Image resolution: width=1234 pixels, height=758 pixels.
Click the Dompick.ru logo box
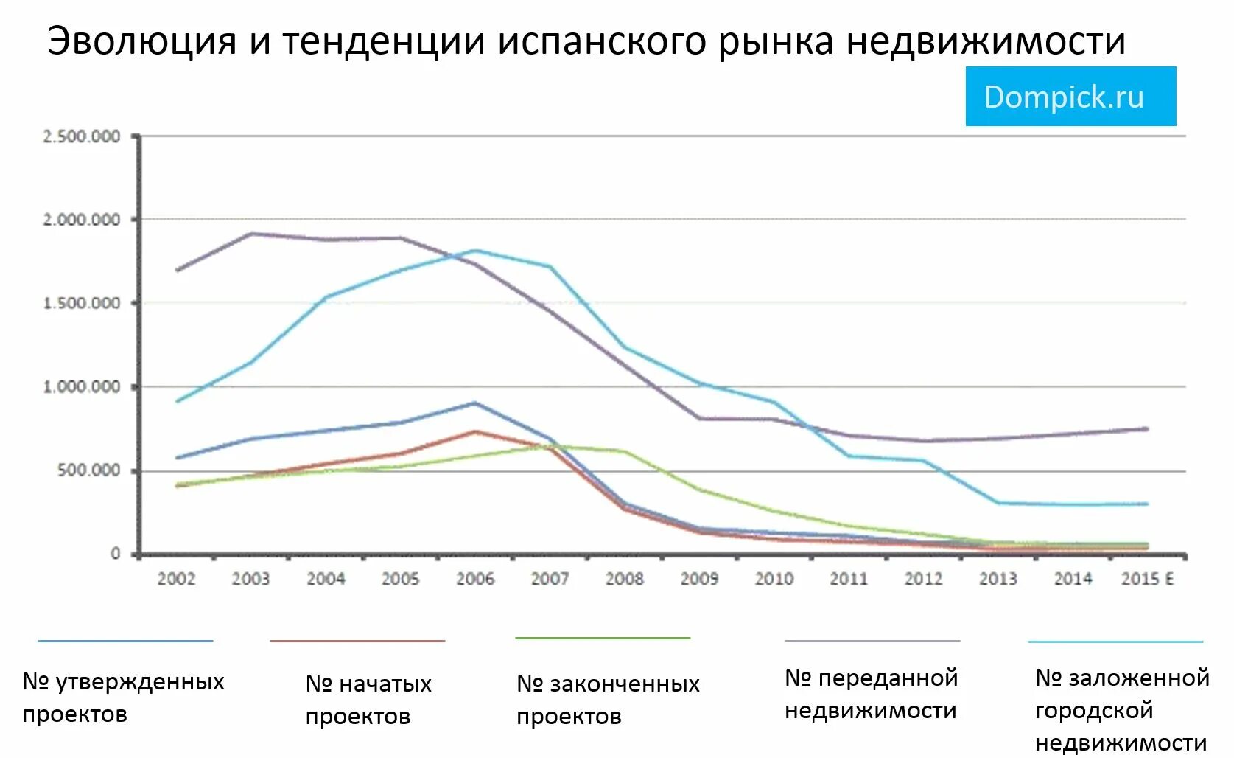click(x=1070, y=97)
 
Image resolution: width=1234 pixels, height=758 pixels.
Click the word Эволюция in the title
click(x=141, y=41)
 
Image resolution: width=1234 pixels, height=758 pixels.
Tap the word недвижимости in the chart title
click(x=986, y=41)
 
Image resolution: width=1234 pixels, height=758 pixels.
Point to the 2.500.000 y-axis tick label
click(x=82, y=136)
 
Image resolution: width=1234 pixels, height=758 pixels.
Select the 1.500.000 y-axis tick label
click(x=82, y=303)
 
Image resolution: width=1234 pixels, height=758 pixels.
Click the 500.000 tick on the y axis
click(x=89, y=470)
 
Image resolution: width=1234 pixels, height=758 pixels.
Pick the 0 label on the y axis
click(x=115, y=554)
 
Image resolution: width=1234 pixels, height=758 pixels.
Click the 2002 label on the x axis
click(x=176, y=579)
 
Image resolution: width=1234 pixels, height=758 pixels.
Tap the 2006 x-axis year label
click(x=475, y=579)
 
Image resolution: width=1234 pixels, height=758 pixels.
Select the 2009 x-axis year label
click(x=699, y=579)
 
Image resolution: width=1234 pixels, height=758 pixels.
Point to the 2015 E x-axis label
click(x=1147, y=579)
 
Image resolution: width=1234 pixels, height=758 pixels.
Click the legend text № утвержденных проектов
click(x=123, y=698)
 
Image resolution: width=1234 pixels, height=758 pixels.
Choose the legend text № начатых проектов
click(x=368, y=700)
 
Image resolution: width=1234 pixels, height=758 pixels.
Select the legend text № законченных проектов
click(x=608, y=700)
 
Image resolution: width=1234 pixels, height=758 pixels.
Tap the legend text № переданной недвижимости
click(x=871, y=694)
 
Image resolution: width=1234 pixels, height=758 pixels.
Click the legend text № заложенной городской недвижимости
click(x=1121, y=709)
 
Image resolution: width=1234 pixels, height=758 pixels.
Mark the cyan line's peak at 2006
click(x=475, y=251)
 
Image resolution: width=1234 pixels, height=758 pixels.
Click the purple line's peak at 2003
click(x=251, y=234)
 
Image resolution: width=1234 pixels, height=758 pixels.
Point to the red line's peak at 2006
click(x=475, y=431)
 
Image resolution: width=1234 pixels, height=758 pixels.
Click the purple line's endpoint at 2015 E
click(x=1146, y=428)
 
